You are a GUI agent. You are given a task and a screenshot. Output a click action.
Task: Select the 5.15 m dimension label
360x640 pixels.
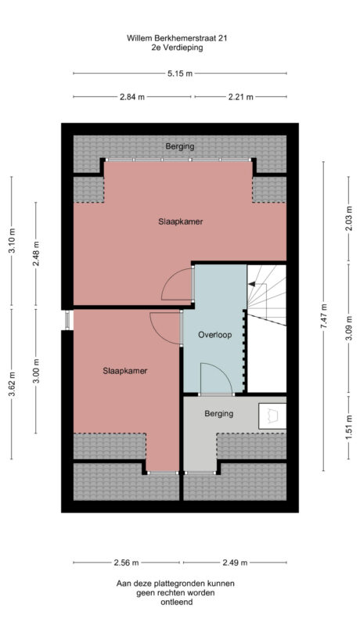179,74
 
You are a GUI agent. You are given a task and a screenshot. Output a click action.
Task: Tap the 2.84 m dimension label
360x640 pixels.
132,97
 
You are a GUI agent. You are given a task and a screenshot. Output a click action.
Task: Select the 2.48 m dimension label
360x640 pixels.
36,255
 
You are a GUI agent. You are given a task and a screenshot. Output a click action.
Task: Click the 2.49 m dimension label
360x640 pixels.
234,563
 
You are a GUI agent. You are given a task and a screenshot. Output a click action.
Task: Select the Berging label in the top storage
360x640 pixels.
180,146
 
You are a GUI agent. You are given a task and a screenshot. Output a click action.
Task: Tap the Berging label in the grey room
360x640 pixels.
218,413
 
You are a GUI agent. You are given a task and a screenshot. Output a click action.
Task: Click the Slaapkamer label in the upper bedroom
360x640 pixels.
180,222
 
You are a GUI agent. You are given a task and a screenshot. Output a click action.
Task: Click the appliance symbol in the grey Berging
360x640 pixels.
274,415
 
